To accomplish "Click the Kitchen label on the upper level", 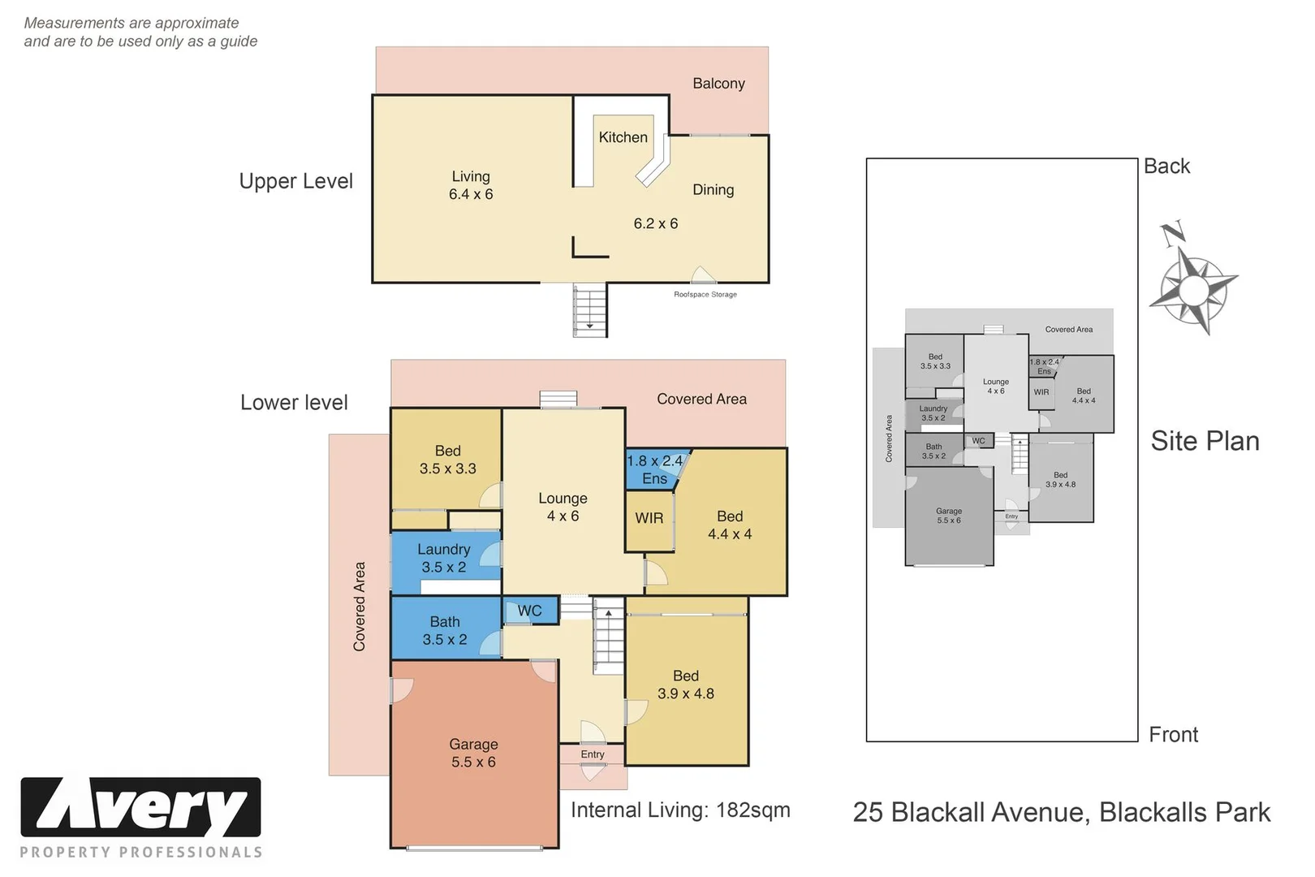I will [x=623, y=137].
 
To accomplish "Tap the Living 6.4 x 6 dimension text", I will [x=471, y=194].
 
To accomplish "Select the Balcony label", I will [x=718, y=83].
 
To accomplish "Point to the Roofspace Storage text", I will [x=705, y=295].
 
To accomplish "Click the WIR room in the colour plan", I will [x=649, y=518].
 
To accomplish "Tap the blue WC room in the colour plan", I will [x=530, y=611].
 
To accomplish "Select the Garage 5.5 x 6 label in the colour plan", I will [x=473, y=754].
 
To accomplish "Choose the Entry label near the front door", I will [x=593, y=754].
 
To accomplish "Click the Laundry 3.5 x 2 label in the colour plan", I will [x=444, y=559].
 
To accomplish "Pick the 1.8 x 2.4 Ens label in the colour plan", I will [x=654, y=469].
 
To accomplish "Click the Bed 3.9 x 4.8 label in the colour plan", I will [x=686, y=685].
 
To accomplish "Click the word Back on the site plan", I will [x=1166, y=166].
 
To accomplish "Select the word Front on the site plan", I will [x=1173, y=735].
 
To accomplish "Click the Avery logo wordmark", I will [x=141, y=807].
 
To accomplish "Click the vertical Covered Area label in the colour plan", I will [x=360, y=606].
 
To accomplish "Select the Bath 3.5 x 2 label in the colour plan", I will [x=445, y=631].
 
